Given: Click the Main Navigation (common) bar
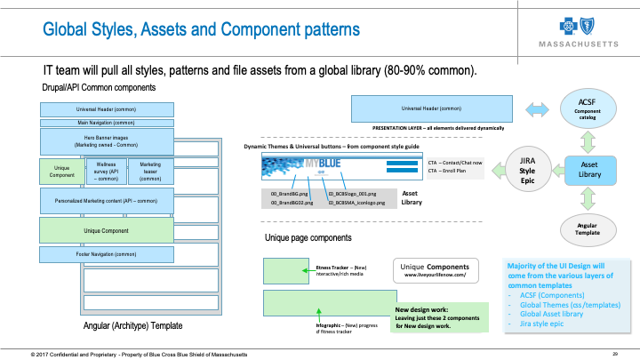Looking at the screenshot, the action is [x=93, y=123].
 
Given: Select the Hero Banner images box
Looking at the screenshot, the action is [x=93, y=141].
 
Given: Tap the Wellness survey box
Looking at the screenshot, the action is [x=105, y=171].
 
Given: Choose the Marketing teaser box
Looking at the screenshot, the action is [x=150, y=171].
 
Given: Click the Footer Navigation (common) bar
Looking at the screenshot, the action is [x=93, y=255].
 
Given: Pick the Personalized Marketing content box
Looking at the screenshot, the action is [x=93, y=201].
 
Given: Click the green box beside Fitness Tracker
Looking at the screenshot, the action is [x=286, y=268].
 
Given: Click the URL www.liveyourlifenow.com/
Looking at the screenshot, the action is [x=436, y=276].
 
